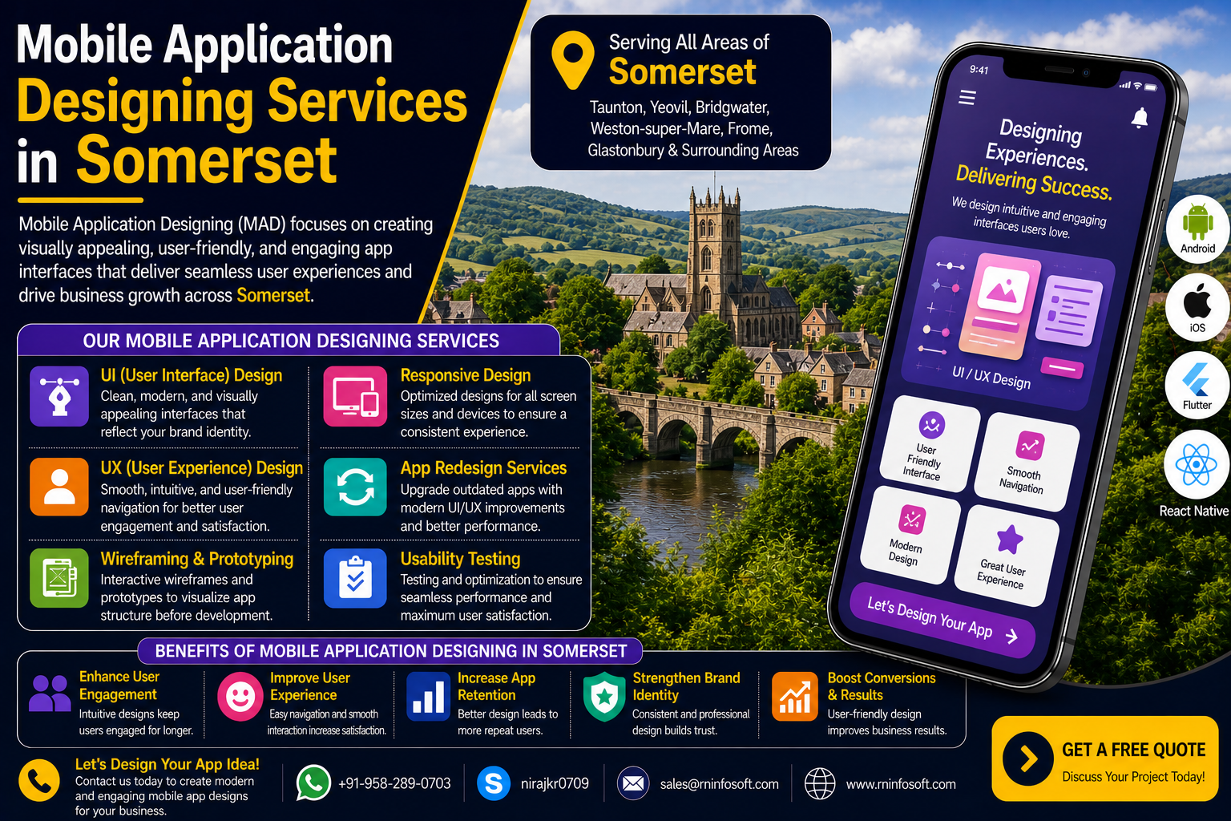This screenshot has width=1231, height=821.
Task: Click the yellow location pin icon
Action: (573, 59)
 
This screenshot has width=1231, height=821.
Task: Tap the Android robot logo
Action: (1198, 221)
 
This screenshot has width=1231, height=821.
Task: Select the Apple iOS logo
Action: (1197, 301)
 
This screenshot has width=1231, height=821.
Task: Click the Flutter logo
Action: (1196, 379)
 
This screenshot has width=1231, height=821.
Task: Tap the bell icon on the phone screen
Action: (1140, 118)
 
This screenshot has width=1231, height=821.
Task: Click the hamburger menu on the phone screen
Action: (967, 97)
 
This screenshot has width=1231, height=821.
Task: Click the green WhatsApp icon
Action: (313, 783)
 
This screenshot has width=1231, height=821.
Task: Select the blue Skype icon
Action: (494, 783)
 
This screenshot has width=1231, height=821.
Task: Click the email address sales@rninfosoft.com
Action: (720, 783)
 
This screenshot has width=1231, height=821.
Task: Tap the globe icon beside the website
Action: (820, 783)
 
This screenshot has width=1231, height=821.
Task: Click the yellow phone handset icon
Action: (39, 781)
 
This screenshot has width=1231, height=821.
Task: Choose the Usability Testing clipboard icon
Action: (355, 578)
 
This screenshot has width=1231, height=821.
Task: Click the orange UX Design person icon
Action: (59, 487)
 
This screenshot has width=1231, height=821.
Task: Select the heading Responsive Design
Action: (466, 375)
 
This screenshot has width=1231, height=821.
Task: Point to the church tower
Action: (715, 248)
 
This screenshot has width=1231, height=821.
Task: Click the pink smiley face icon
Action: (240, 696)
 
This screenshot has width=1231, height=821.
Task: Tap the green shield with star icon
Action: (604, 696)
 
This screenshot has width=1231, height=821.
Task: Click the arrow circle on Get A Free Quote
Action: (1027, 758)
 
